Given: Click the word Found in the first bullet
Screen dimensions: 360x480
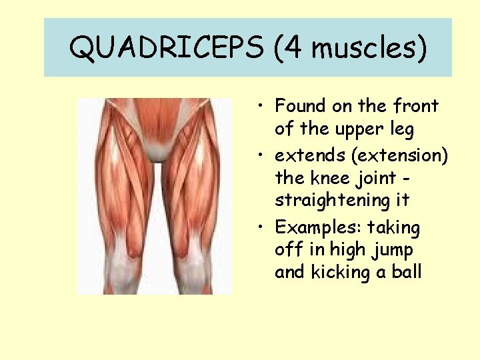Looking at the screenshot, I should [x=300, y=106].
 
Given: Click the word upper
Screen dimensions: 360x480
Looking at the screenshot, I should [x=361, y=128].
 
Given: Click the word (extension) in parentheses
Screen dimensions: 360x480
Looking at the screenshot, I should [x=401, y=157].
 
